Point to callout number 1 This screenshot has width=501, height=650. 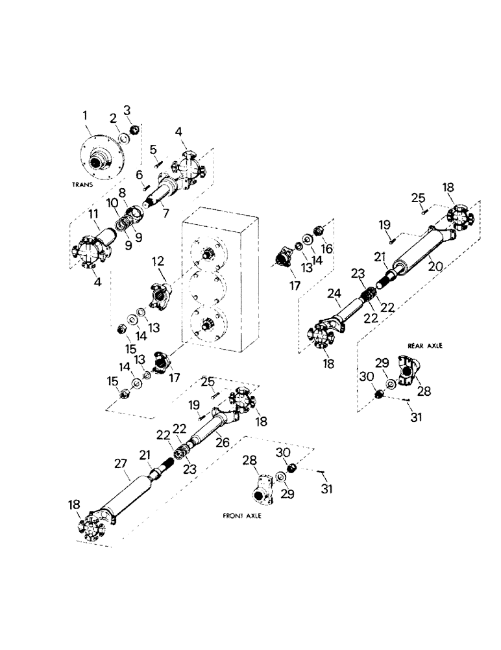[84, 115]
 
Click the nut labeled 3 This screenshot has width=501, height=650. [134, 131]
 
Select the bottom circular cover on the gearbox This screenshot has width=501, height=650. [209, 322]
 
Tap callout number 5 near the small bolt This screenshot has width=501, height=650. [153, 149]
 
